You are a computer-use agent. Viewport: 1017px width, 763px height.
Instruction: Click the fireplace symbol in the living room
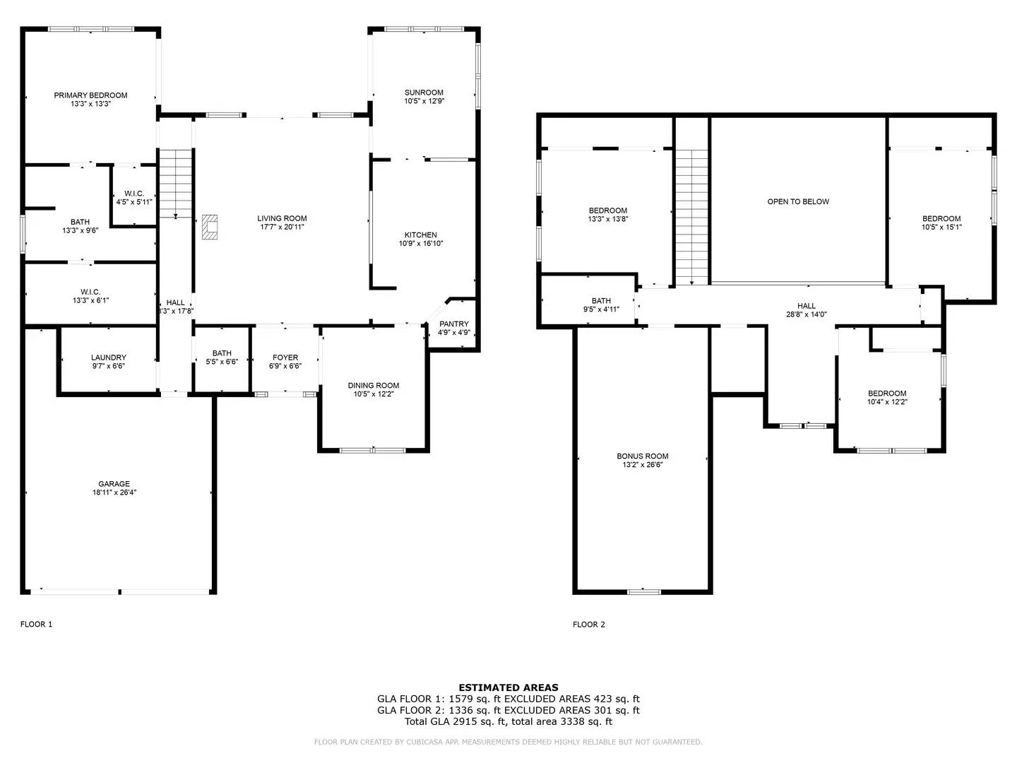[210, 227]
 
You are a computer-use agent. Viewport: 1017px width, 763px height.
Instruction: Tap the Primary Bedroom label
[91, 95]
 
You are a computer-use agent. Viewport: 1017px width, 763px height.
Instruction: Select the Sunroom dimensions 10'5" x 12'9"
[424, 101]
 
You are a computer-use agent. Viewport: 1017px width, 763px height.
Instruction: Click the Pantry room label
[454, 324]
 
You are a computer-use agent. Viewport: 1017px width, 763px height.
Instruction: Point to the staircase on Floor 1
[176, 184]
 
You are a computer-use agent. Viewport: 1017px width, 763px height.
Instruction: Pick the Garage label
[114, 484]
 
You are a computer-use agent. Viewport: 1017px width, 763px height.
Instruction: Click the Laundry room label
[109, 357]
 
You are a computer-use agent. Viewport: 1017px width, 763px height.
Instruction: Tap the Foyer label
[285, 357]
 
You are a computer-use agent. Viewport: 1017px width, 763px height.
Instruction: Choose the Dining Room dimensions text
[374, 394]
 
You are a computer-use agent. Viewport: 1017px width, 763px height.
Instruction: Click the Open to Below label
[798, 201]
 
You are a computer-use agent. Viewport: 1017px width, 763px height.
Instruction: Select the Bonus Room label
[642, 456]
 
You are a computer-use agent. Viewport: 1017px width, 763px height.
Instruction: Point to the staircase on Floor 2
[691, 217]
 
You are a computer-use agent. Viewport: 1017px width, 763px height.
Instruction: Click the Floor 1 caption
[36, 624]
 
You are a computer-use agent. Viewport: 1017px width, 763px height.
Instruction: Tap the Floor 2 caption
[588, 625]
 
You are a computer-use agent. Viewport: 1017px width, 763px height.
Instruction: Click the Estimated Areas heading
[509, 687]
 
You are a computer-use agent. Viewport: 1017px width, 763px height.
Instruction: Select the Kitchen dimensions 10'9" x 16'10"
[421, 243]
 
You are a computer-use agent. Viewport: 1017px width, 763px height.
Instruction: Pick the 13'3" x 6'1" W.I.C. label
[90, 296]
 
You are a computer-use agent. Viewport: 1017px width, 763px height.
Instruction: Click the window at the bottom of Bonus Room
[644, 591]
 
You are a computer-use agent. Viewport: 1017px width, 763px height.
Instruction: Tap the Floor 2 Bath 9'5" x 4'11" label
[602, 304]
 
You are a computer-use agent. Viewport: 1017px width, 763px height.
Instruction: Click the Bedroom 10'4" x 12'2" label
[887, 398]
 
